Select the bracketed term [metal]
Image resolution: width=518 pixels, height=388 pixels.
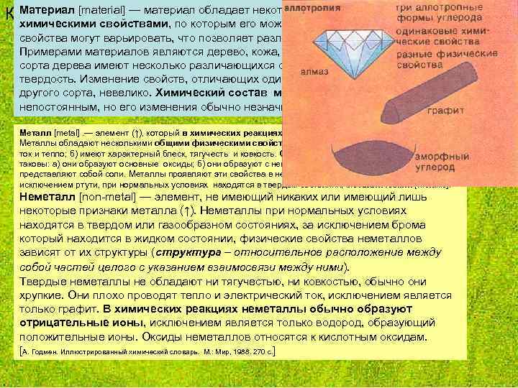(65, 134)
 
